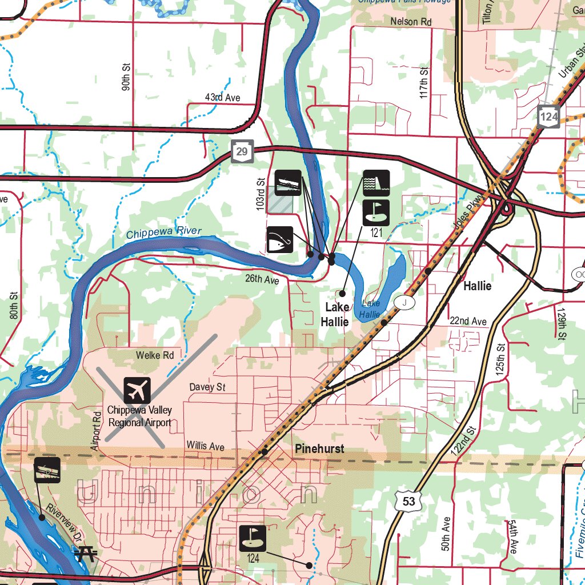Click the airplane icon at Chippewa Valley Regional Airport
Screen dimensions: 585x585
pos(137,391)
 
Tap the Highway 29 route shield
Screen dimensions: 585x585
pos(242,151)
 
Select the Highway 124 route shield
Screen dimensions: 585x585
pos(548,117)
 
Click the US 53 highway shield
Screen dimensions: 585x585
pos(409,501)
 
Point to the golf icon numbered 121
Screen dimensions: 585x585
pos(376,212)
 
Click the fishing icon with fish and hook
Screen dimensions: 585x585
pos(279,240)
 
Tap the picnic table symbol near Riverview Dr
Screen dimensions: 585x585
pos(86,552)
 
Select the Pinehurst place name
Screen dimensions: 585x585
pos(319,449)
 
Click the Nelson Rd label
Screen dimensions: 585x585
pos(411,22)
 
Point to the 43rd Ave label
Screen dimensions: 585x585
pos(223,98)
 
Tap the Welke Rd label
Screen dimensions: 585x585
pos(154,355)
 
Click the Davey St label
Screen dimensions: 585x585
pos(207,387)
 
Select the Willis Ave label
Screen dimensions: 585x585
pos(205,446)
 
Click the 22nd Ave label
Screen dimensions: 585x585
pos(468,322)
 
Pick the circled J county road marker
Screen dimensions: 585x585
pos(404,302)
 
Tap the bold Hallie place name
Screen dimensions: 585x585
pos(477,286)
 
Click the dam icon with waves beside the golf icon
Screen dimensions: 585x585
pos(376,183)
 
